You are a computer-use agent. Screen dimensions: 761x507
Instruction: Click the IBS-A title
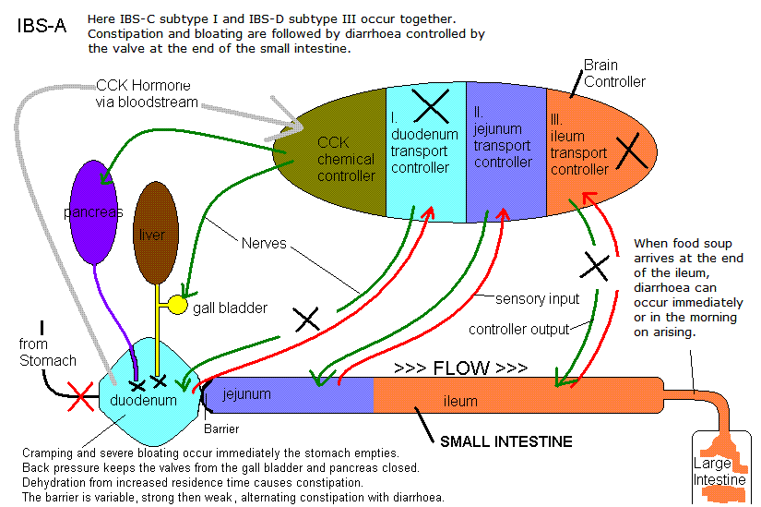point(42,26)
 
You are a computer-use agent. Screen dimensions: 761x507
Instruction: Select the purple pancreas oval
point(94,212)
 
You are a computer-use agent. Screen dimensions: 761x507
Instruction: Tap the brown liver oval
point(156,233)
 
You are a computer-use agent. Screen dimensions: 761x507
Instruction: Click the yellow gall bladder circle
point(177,305)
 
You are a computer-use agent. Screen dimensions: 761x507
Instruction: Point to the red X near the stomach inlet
point(80,397)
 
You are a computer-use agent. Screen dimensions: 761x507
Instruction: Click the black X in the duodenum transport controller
point(431,105)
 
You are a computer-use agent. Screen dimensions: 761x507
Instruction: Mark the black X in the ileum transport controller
point(632,151)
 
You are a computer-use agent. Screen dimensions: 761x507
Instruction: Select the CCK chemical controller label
point(346,159)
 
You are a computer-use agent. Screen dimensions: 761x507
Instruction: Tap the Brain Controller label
point(614,73)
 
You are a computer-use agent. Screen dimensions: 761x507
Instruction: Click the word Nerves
point(264,243)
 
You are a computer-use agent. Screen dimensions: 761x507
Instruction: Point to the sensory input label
point(537,298)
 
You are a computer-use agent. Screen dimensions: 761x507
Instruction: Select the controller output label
point(518,329)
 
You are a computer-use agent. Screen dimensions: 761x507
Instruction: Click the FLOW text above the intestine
point(461,368)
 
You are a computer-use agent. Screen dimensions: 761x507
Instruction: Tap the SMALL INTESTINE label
point(506,441)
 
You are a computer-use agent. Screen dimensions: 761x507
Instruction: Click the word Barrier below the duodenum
point(221,429)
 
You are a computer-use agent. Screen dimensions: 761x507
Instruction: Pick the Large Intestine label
point(719,471)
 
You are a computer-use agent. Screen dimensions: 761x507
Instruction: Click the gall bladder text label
point(230,308)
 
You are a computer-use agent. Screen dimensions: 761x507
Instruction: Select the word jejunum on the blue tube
point(246,393)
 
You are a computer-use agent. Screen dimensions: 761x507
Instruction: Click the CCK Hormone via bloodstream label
point(147,93)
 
